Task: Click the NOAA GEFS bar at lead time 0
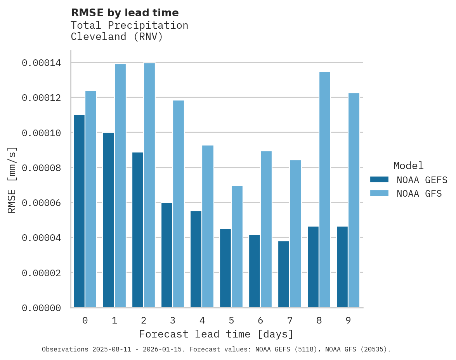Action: point(79,211)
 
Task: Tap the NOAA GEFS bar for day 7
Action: point(284,274)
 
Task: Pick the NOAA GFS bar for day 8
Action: point(325,190)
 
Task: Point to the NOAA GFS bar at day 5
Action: point(237,247)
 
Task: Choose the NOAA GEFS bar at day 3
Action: point(167,255)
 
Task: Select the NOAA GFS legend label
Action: point(419,193)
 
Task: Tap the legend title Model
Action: point(408,166)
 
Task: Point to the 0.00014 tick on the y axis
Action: point(41,63)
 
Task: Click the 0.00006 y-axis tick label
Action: point(41,203)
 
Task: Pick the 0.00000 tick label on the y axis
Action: point(41,308)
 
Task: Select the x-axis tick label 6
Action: point(260,320)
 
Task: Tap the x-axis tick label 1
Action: point(114,320)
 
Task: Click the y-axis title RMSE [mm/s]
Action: point(12,180)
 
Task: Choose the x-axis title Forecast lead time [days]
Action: point(216,334)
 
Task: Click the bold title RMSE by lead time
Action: point(125,13)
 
